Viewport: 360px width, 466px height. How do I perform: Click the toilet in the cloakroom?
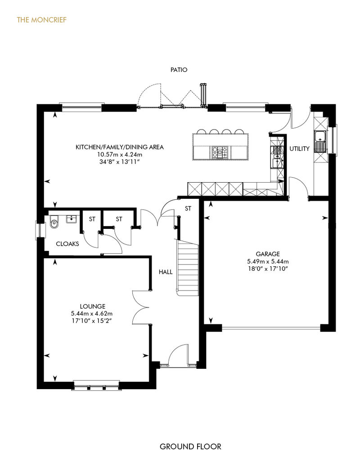click(54, 222)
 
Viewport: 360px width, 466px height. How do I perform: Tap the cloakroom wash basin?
click(72, 219)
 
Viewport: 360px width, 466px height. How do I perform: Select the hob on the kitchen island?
click(220, 152)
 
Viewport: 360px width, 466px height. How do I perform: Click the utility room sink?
click(320, 141)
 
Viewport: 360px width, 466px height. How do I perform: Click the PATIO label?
click(179, 70)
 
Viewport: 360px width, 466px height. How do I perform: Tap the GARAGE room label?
click(268, 254)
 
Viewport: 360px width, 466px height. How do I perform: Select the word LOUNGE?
click(92, 306)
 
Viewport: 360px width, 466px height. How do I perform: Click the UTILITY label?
click(299, 148)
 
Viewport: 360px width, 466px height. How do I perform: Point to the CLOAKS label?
click(67, 244)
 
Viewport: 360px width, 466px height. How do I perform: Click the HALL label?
click(166, 272)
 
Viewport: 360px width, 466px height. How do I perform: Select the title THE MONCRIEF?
click(42, 20)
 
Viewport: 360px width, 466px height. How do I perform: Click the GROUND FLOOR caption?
click(190, 446)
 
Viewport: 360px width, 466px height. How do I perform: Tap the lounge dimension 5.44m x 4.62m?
click(92, 314)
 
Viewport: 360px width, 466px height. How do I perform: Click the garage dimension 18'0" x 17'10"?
click(268, 269)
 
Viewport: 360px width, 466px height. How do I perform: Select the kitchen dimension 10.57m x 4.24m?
click(120, 155)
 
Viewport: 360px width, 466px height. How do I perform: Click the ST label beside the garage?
click(188, 209)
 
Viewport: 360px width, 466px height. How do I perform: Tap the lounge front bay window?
click(96, 385)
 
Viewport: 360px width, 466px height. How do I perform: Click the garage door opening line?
click(271, 328)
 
